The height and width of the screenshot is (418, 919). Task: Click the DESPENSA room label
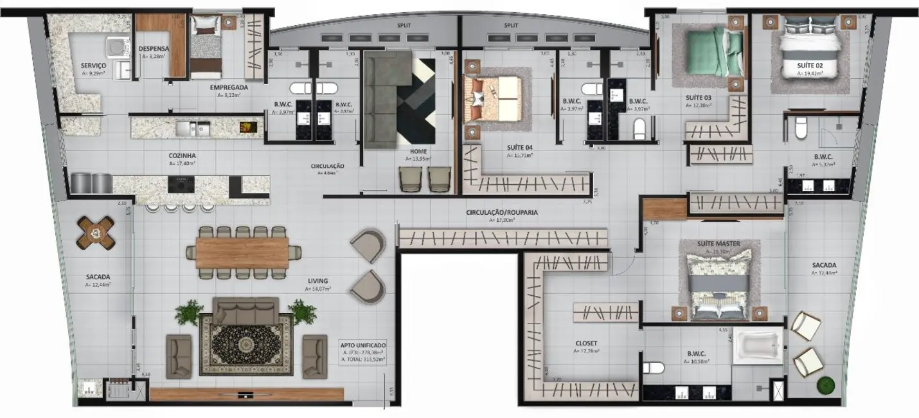click(x=154, y=48)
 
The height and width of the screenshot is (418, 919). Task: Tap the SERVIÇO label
click(x=93, y=66)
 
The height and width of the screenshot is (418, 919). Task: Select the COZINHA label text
click(x=182, y=156)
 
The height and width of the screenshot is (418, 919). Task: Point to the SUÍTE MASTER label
click(x=718, y=244)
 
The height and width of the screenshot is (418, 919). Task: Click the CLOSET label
click(x=586, y=343)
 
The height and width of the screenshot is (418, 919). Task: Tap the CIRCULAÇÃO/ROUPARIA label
click(x=502, y=212)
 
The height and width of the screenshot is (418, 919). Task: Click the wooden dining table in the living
click(x=242, y=253)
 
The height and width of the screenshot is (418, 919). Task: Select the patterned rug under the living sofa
click(x=246, y=345)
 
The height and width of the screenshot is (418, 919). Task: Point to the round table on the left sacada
click(x=96, y=232)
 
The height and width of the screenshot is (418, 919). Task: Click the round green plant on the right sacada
click(x=825, y=385)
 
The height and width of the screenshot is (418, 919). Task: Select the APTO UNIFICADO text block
click(x=362, y=352)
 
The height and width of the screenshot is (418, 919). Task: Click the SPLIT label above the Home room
click(x=404, y=25)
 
